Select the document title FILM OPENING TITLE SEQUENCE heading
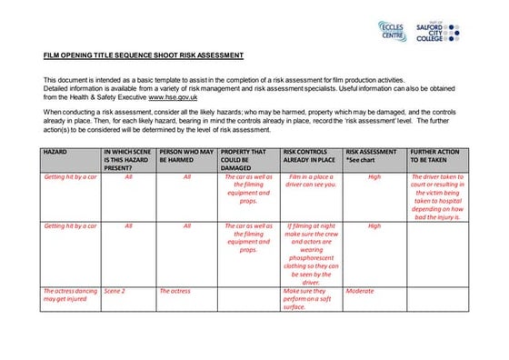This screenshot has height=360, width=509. coord(144,56)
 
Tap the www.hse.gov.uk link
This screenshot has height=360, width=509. coord(175,95)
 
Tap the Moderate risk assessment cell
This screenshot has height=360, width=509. coord(360,291)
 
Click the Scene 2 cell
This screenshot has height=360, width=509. coord(115,291)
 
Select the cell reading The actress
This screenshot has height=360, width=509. coord(175,291)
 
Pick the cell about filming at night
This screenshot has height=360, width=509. coord(312,250)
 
